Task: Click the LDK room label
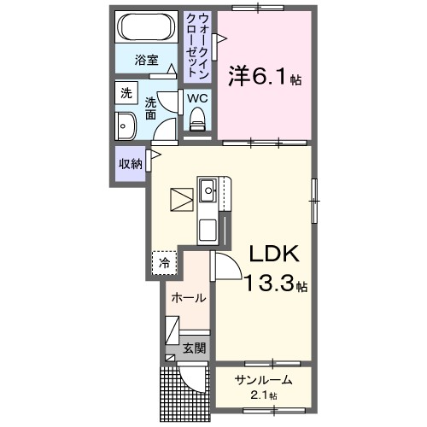tap(272, 254)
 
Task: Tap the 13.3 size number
tap(271, 284)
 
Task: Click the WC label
tap(197, 98)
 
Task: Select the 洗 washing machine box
tap(126, 93)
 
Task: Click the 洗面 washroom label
tap(150, 107)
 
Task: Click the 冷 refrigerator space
tap(165, 263)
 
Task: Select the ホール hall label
tap(188, 298)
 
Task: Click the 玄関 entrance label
tap(194, 348)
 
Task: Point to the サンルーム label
tap(264, 380)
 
